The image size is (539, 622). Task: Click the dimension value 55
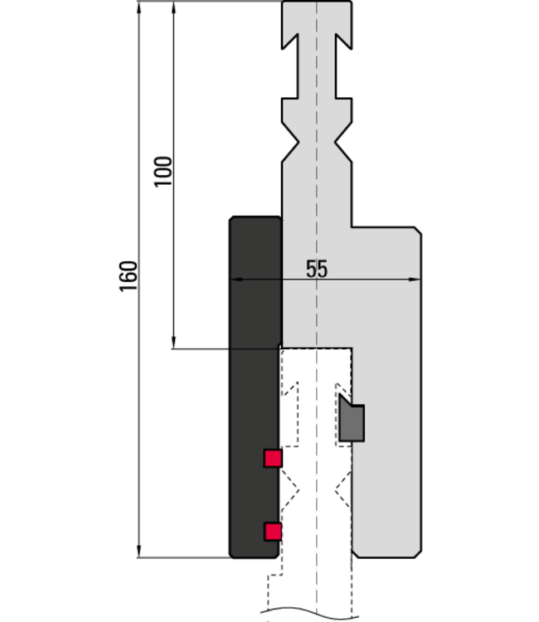[x=317, y=270]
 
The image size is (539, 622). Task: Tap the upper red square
[x=273, y=458]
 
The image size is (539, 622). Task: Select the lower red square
[x=273, y=532]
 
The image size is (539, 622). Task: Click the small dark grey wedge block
[x=351, y=422]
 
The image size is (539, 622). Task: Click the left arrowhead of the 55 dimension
[x=236, y=280]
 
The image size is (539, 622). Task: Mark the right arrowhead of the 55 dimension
[x=415, y=280]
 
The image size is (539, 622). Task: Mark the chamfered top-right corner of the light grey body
[x=415, y=233]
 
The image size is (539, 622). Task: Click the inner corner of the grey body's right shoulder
[x=352, y=228]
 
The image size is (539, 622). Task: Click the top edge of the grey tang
[x=317, y=3]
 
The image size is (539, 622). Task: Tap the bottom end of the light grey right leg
[x=386, y=554]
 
